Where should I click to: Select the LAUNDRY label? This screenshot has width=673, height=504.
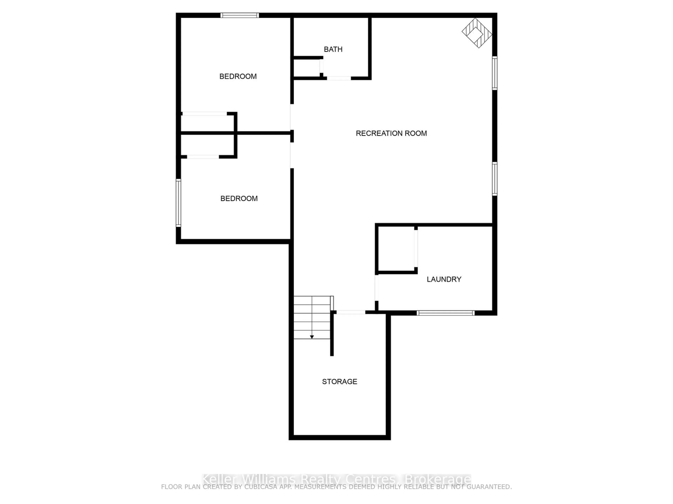pos(444,279)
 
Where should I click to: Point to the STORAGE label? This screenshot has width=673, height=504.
pos(339,381)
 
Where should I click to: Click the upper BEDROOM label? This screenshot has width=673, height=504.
pos(238,76)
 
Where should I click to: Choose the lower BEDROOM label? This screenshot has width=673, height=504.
pos(239,198)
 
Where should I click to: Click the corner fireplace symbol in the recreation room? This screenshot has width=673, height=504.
pos(477,33)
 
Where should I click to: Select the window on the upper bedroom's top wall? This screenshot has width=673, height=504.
pos(240,15)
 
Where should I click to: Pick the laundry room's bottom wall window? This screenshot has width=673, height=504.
pos(445,313)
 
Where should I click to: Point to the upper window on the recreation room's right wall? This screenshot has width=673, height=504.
pos(495,73)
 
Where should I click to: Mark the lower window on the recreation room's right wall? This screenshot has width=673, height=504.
pos(495,179)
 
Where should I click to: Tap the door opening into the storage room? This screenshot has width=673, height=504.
pos(351,312)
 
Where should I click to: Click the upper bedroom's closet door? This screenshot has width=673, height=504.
pos(205,114)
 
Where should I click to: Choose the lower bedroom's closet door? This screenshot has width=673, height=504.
pos(203,157)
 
